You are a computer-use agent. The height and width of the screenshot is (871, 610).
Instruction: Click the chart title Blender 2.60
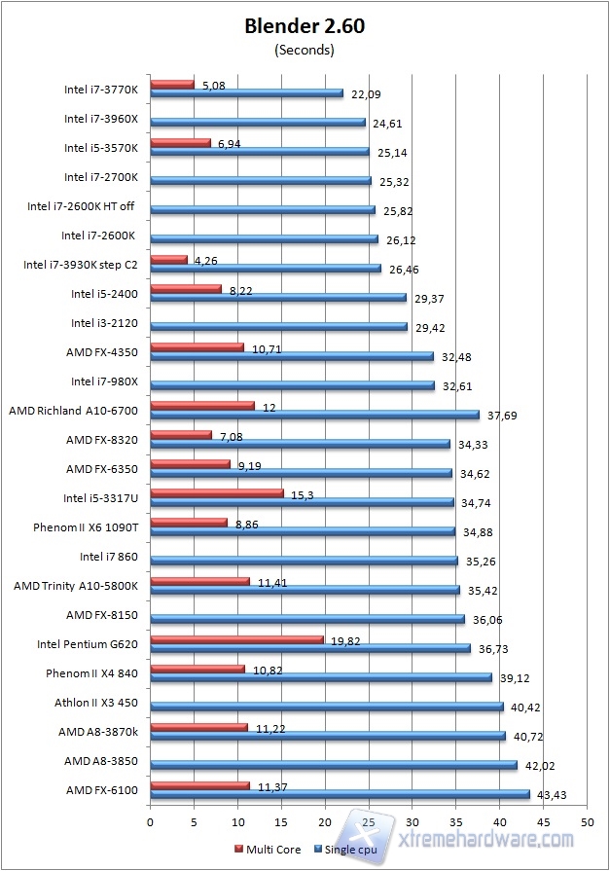pyautogui.click(x=305, y=27)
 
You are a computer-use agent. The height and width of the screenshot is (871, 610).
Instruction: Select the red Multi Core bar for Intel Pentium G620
pyautogui.click(x=236, y=639)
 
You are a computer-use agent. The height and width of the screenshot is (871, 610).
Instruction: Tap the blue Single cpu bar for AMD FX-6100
pyautogui.click(x=340, y=794)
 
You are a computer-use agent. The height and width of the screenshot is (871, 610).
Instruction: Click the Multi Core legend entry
pyautogui.click(x=269, y=848)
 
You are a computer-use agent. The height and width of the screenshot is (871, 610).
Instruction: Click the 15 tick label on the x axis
pyautogui.click(x=280, y=822)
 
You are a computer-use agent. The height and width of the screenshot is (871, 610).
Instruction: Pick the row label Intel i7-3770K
pyautogui.click(x=101, y=90)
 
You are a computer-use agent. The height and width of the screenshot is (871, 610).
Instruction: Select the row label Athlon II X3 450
pyautogui.click(x=95, y=703)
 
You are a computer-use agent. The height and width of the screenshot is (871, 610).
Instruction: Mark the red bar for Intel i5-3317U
pyautogui.click(x=217, y=493)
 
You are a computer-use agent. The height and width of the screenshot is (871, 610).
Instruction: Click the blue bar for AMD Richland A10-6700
pyautogui.click(x=315, y=415)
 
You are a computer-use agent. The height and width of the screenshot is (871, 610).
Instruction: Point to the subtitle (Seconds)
pyautogui.click(x=305, y=50)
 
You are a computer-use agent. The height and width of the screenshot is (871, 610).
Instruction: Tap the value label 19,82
pyautogui.click(x=345, y=640)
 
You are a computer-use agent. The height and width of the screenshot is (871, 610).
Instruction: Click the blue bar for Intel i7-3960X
pyautogui.click(x=258, y=123)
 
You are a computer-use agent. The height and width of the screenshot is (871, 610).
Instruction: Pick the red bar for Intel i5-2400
pyautogui.click(x=186, y=289)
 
